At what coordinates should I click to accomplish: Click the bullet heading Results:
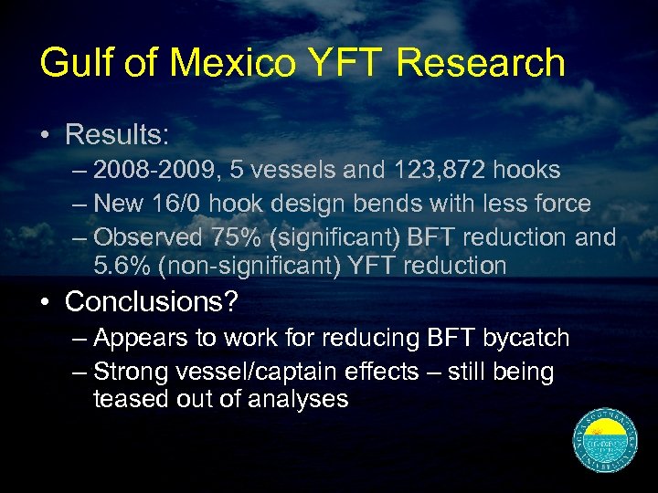coord(117,136)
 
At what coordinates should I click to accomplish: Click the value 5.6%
coord(123,266)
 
